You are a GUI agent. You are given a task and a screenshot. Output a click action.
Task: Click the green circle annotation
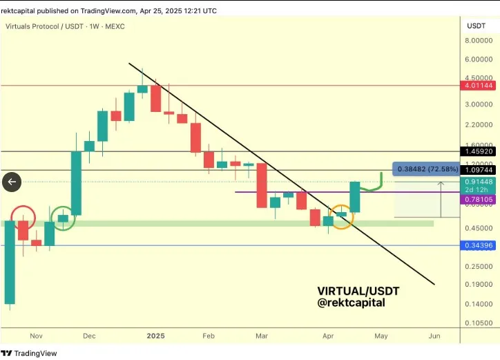pyautogui.click(x=63, y=218)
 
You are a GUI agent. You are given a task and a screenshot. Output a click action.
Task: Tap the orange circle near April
pyautogui.click(x=341, y=217)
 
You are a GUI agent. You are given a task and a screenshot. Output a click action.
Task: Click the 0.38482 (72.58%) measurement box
pyautogui.click(x=425, y=169)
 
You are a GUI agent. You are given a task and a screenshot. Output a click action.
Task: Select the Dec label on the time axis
pyautogui.click(x=89, y=336)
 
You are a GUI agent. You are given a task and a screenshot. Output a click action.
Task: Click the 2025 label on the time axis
pyautogui.click(x=156, y=336)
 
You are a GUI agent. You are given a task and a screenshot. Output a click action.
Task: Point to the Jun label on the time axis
pyautogui.click(x=434, y=336)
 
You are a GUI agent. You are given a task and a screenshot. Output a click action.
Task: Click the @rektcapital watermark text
pyautogui.click(x=351, y=303)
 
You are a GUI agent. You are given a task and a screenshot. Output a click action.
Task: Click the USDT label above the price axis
pyautogui.click(x=476, y=26)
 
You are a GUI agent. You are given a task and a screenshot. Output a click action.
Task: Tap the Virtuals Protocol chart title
pyautogui.click(x=56, y=26)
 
